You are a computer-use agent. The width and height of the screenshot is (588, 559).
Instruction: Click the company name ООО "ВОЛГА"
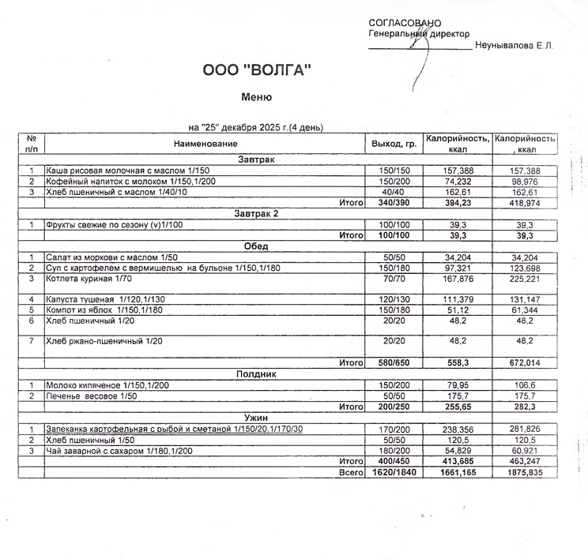257,70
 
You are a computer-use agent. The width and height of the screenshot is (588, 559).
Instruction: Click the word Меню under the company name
256,97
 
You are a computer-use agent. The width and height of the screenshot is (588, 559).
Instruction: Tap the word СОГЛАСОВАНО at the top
405,23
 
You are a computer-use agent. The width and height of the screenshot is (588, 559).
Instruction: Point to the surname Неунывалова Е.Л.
514,45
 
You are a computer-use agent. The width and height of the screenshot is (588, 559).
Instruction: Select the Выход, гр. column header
394,144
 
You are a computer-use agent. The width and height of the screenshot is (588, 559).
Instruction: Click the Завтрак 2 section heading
256,213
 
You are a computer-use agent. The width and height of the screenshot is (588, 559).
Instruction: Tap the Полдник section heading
256,373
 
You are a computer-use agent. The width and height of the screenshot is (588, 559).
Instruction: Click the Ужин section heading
256,417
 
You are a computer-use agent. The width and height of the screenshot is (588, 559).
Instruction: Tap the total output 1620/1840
394,472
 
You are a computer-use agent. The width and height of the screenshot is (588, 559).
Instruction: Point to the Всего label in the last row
350,472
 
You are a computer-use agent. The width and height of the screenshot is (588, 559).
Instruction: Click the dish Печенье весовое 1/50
92,396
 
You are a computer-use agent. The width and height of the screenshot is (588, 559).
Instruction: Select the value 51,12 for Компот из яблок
458,310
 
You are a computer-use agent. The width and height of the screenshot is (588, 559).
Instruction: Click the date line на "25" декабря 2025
255,127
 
